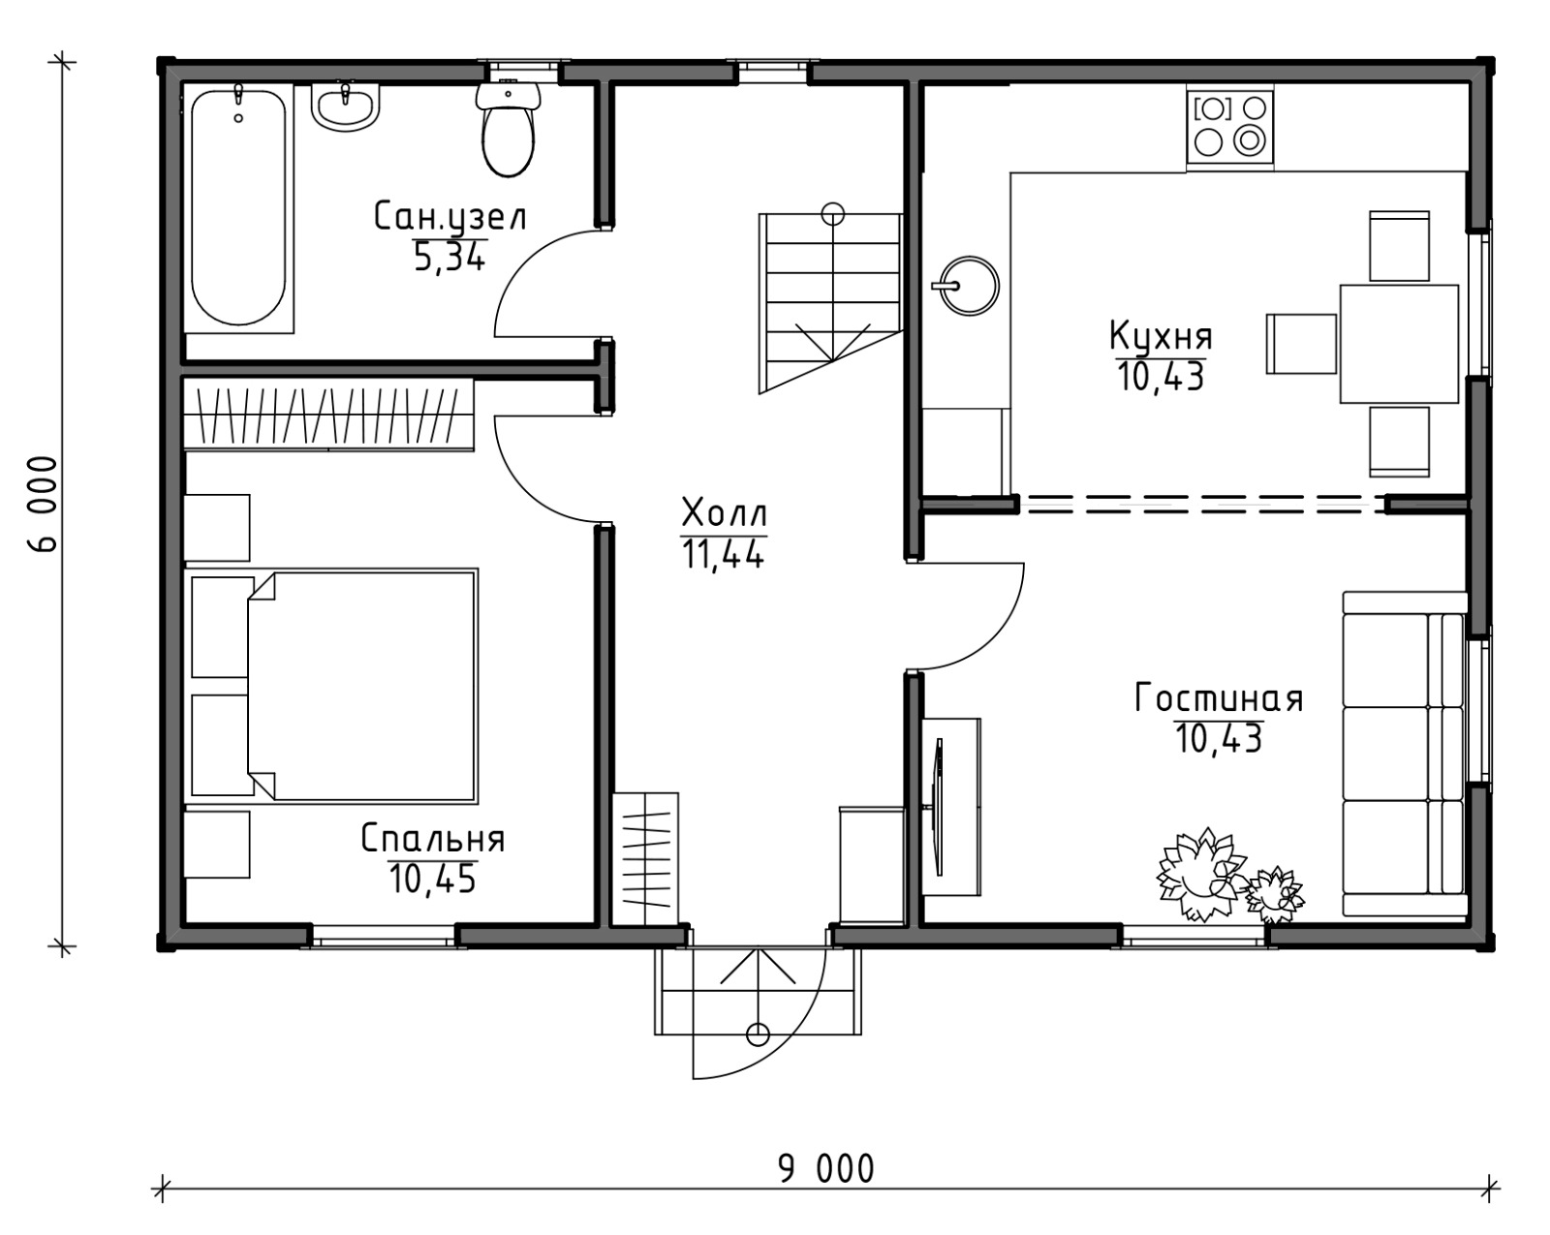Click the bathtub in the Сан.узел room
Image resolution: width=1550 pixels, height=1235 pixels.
pyautogui.click(x=238, y=208)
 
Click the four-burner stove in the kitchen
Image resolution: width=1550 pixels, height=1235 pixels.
pyautogui.click(x=1229, y=127)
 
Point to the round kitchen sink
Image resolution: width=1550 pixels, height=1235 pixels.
pyautogui.click(x=969, y=286)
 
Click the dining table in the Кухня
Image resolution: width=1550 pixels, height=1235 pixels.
pyautogui.click(x=1399, y=344)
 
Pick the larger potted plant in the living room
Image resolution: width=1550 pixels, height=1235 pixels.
pyautogui.click(x=1200, y=875)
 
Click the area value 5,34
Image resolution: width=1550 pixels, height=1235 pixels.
pyautogui.click(x=449, y=257)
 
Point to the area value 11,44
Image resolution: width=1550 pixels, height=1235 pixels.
pyautogui.click(x=723, y=554)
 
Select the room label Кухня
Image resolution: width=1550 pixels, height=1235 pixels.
pyautogui.click(x=1161, y=336)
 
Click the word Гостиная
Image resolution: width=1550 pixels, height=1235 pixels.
pyautogui.click(x=1218, y=698)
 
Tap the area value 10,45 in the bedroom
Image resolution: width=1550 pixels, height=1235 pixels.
pyautogui.click(x=432, y=879)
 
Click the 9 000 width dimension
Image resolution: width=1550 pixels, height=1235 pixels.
pyautogui.click(x=825, y=1169)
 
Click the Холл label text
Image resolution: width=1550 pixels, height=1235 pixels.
pyautogui.click(x=725, y=514)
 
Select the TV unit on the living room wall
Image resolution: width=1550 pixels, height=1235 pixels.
pyautogui.click(x=950, y=807)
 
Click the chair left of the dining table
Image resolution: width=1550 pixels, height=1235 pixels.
pyautogui.click(x=1301, y=344)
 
